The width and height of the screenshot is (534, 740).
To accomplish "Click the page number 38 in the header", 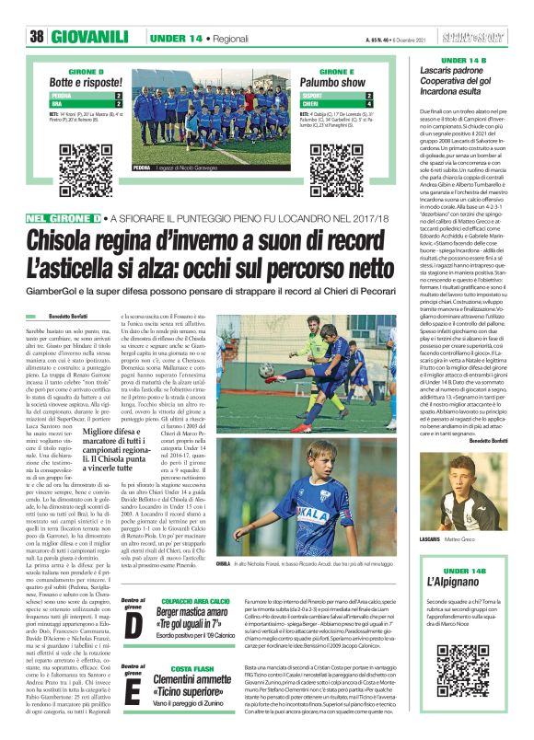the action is [x=38, y=36].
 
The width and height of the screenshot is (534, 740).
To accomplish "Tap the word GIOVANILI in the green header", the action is [x=90, y=36].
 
